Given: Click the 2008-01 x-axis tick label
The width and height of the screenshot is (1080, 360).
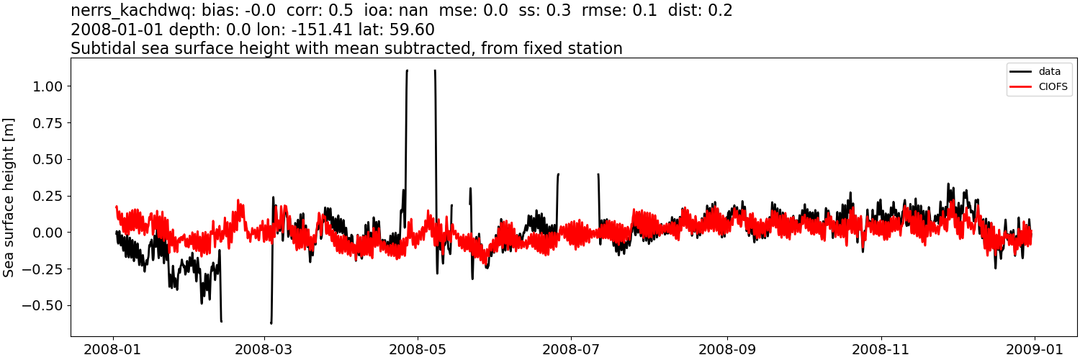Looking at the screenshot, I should tap(113, 349).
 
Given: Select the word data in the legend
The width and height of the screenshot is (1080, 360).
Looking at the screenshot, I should tap(1049, 72).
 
